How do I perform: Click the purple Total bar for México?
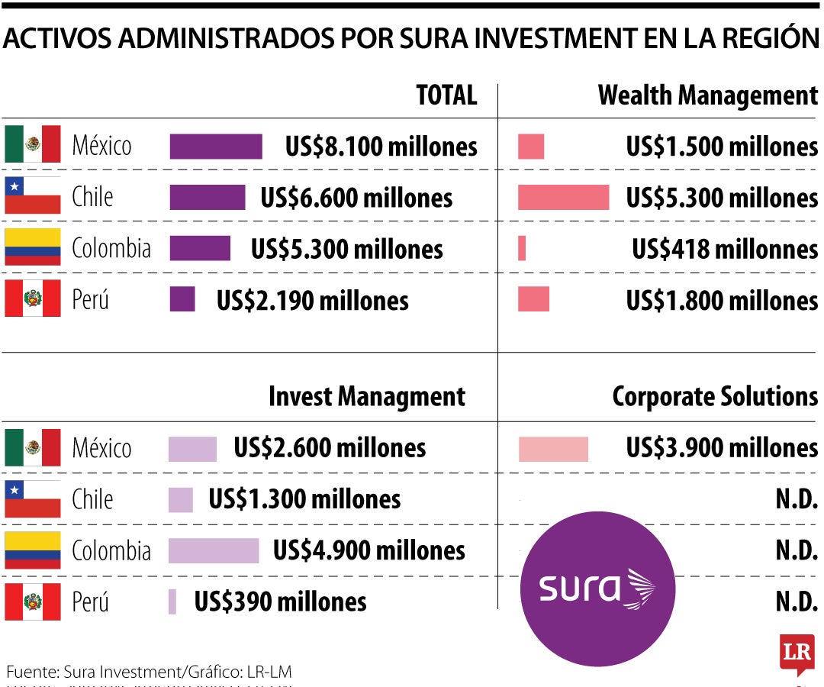pos(215,147)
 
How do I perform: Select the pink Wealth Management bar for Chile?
pos(563,197)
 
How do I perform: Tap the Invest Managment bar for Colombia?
pos(214,550)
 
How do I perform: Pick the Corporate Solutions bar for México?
pos(553,449)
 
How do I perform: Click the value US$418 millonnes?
pos(724,249)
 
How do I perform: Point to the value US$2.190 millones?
pos(312,300)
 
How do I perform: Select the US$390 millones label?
pos(280,602)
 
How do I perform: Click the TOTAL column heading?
pos(446,96)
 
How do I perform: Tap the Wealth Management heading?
pos(707,96)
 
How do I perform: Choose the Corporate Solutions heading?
pos(715,397)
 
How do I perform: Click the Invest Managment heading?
pos(366,397)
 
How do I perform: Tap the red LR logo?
pos(797,653)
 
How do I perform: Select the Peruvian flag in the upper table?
pos(33,298)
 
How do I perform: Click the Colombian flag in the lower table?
pos(33,550)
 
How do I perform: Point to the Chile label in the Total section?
pos(92,197)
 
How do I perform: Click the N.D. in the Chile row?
pos(797,500)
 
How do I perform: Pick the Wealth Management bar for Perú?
pos(533,299)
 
